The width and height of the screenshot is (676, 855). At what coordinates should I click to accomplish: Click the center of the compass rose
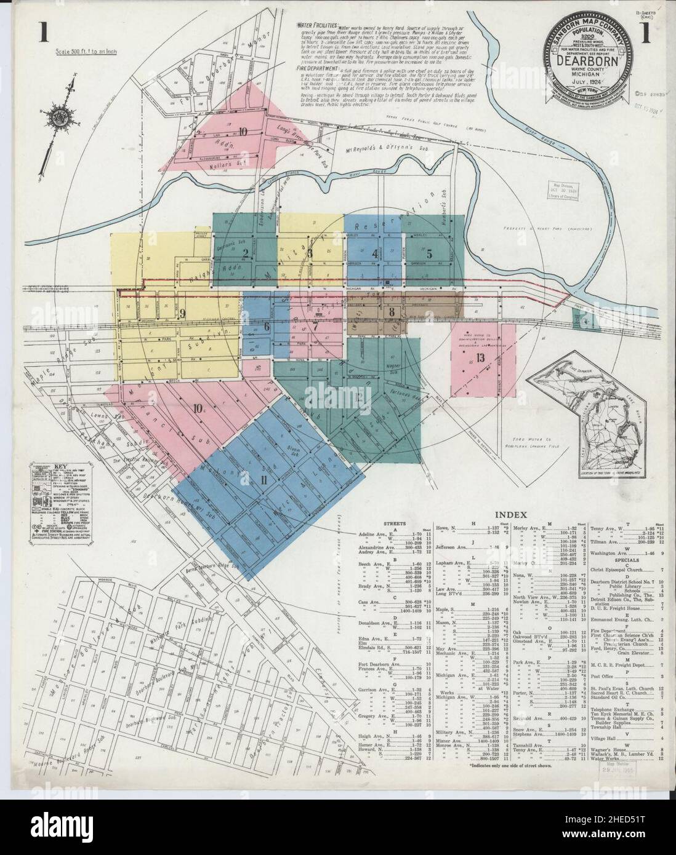[59, 115]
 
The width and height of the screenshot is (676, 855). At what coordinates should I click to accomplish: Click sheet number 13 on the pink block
[480, 359]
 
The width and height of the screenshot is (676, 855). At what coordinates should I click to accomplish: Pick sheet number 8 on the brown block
[392, 311]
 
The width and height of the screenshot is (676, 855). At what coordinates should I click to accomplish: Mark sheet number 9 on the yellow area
[182, 313]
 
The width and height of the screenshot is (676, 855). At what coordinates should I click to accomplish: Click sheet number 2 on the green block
[244, 253]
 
